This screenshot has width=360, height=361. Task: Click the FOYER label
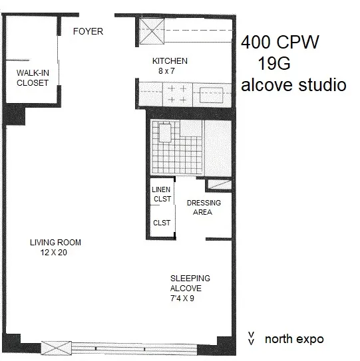(x=88, y=31)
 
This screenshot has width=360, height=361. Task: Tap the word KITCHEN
(x=170, y=61)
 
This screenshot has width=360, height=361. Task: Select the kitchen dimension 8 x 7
(x=170, y=70)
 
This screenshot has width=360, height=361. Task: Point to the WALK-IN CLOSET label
(x=33, y=78)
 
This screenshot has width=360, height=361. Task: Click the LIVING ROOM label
(x=55, y=242)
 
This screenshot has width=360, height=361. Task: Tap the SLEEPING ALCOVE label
(x=189, y=283)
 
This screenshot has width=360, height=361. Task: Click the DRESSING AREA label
(x=204, y=207)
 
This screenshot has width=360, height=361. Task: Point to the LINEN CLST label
(x=162, y=193)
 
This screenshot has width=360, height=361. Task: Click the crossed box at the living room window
(x=56, y=347)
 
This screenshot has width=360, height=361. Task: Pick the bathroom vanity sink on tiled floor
(x=166, y=134)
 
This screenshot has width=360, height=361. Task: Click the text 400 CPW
(x=280, y=43)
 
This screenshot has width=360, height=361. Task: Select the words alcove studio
(x=293, y=85)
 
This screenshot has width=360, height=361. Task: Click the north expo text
(x=294, y=339)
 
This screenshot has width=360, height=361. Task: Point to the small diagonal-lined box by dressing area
(x=219, y=184)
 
